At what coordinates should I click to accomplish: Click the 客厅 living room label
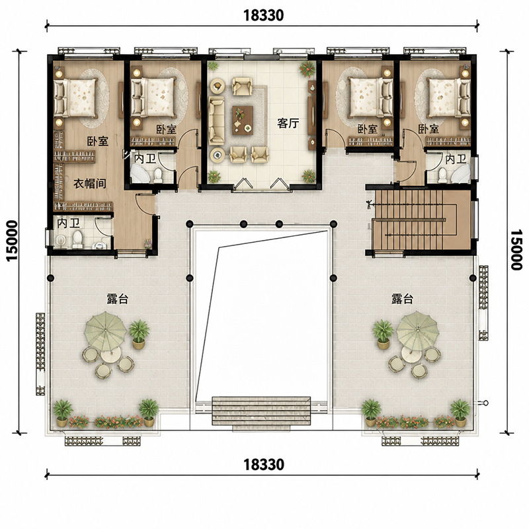[x=288, y=124]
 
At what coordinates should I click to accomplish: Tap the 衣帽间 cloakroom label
[x=90, y=184]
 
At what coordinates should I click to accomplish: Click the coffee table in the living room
[x=243, y=120]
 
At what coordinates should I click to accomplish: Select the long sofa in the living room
[x=217, y=120]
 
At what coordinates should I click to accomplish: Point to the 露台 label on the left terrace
[x=118, y=299]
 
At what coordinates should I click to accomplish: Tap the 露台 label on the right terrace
[x=402, y=299]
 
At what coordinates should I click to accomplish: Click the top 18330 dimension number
[x=263, y=15]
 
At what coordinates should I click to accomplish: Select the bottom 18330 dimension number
[x=264, y=465]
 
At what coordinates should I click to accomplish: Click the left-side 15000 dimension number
[x=12, y=241]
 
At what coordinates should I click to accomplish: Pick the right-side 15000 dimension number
[x=516, y=250]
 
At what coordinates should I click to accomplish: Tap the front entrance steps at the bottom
[x=261, y=411]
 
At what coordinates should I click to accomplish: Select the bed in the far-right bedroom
[x=449, y=97]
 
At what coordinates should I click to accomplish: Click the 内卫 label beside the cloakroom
[x=69, y=224]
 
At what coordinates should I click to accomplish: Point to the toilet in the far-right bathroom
[x=443, y=175]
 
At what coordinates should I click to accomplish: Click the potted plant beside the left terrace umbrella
[x=139, y=334]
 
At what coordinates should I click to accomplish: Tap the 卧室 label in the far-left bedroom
[x=98, y=141]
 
